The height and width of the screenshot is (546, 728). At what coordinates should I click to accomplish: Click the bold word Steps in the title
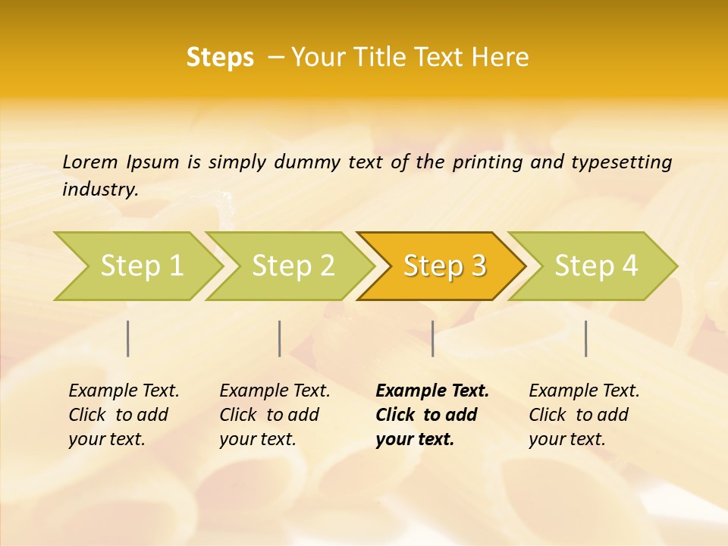coord(220,58)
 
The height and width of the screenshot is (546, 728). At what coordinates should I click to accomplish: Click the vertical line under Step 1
coord(128,338)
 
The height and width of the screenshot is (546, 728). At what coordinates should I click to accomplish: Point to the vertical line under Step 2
coord(280,338)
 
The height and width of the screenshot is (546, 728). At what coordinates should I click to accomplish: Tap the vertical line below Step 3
coord(432,338)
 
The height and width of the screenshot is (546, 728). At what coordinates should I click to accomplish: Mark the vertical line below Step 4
coord(585,338)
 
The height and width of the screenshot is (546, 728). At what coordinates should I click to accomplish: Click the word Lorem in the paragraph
coord(89,162)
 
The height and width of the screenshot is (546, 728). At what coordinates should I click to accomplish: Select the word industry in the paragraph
coord(100,190)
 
